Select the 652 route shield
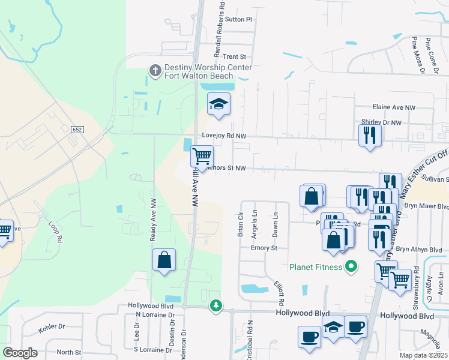(x=76, y=129)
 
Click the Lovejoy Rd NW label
(x=224, y=136)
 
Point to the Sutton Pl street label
(x=240, y=19)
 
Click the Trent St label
(x=235, y=56)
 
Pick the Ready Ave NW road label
(x=153, y=220)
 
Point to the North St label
(x=69, y=352)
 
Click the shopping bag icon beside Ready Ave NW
(x=164, y=260)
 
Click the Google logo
(x=20, y=353)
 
